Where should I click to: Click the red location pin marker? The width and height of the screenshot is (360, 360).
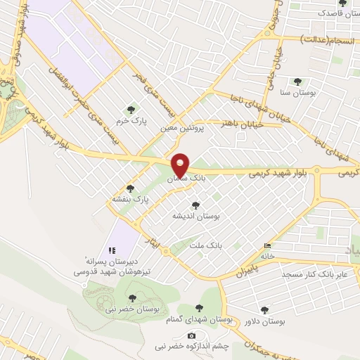181,165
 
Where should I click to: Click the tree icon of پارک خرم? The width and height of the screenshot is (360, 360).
131,109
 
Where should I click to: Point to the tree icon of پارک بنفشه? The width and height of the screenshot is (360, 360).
130,188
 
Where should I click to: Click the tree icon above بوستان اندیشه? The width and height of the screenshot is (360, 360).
195,205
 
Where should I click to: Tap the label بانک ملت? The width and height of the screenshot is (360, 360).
206,246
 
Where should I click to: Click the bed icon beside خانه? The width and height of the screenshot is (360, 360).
266,246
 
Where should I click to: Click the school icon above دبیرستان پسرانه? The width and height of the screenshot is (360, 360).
110,250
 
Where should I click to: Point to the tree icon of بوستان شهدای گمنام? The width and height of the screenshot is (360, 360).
201,308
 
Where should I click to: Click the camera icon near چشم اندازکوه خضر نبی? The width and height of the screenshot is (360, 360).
191,335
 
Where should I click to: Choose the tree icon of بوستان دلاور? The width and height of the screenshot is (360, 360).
264,309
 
